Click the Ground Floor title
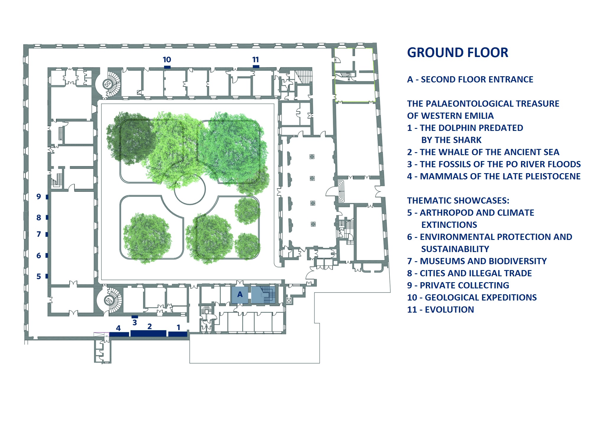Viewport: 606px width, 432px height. pos(457,53)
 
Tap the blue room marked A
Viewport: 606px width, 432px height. pos(240,294)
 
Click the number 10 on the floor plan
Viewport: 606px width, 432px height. pos(167,60)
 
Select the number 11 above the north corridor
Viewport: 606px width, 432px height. pos(255,60)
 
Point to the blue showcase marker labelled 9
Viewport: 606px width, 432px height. pos(47,197)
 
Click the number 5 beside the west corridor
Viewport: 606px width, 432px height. pos(39,277)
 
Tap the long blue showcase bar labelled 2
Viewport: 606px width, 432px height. pos(148,333)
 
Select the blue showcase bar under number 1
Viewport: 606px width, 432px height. pos(178,334)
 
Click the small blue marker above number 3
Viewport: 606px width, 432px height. pos(135,317)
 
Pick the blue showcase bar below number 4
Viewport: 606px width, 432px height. pos(119,334)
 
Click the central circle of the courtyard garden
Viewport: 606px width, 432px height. pos(190,190)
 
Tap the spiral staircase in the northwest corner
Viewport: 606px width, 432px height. pos(108,84)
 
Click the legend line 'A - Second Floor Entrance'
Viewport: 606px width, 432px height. pos(470,79)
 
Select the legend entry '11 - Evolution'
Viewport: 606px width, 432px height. pos(440,310)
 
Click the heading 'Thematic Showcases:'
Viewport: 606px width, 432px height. pos(458,201)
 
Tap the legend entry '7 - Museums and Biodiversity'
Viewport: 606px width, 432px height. pos(477,261)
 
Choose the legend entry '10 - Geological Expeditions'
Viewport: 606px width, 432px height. pos(472,298)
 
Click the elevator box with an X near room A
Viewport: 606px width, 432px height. pos(289,301)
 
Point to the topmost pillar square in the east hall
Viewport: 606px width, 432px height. pos(312,157)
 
